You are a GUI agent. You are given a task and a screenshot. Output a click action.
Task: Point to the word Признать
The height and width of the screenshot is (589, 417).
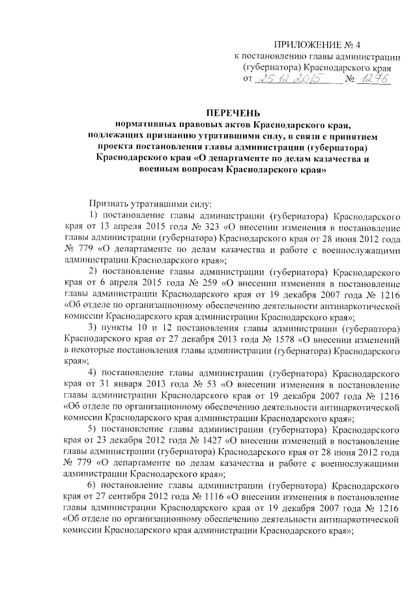point(108,202)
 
